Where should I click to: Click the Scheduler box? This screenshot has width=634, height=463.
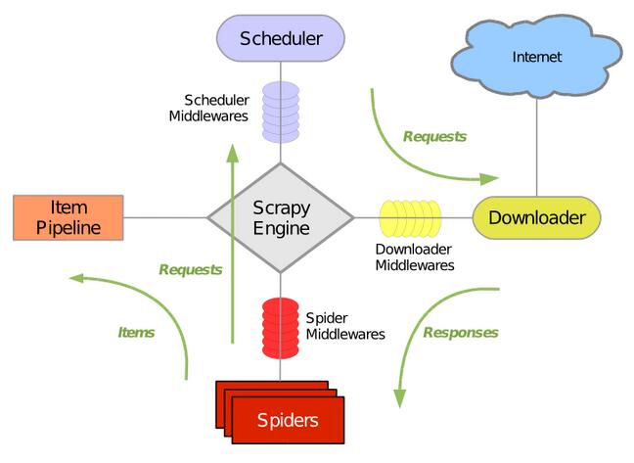pyautogui.click(x=281, y=40)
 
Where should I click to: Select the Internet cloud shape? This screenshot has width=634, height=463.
pyautogui.click(x=537, y=57)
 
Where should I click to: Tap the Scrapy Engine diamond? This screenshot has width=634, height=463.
pyautogui.click(x=280, y=217)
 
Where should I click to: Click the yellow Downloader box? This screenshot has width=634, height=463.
pyautogui.click(x=536, y=217)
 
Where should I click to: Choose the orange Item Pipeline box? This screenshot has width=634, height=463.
pyautogui.click(x=68, y=217)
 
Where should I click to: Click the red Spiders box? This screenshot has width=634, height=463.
pyautogui.click(x=288, y=421)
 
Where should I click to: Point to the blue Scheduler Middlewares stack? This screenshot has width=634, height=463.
pyautogui.click(x=280, y=108)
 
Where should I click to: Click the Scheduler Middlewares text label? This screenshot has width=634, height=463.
pyautogui.click(x=216, y=108)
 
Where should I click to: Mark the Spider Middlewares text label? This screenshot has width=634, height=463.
pyautogui.click(x=344, y=326)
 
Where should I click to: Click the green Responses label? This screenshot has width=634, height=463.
pyautogui.click(x=461, y=333)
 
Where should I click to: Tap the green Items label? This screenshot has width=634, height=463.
pyautogui.click(x=136, y=333)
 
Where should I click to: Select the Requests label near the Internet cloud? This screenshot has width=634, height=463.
pyautogui.click(x=434, y=137)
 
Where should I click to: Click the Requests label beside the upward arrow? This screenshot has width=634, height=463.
pyautogui.click(x=190, y=269)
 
